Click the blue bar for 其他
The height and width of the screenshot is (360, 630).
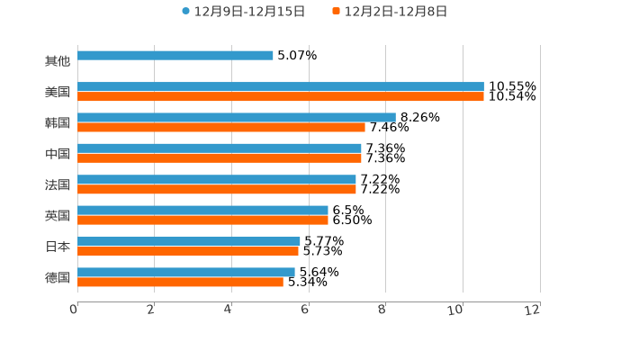[175, 56]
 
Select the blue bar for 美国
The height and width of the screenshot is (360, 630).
[281, 87]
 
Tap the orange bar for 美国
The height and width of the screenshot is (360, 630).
[281, 97]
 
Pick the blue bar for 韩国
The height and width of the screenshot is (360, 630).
[237, 117]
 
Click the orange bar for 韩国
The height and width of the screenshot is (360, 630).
[221, 127]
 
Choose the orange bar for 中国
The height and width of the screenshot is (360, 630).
[220, 158]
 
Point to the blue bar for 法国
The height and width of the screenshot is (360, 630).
[217, 179]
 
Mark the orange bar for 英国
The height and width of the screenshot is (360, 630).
[202, 220]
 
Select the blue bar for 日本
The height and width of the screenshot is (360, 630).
[189, 241]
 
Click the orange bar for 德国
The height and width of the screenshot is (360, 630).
[180, 282]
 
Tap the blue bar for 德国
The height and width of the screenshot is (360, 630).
[186, 272]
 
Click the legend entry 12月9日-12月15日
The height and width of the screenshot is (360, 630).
[244, 12]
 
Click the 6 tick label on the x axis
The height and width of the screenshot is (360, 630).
[305, 310]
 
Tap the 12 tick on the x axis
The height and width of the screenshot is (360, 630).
[533, 310]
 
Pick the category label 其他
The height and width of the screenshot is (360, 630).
[58, 61]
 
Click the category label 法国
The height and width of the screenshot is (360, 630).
[58, 184]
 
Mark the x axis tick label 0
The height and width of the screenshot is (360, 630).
[74, 310]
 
